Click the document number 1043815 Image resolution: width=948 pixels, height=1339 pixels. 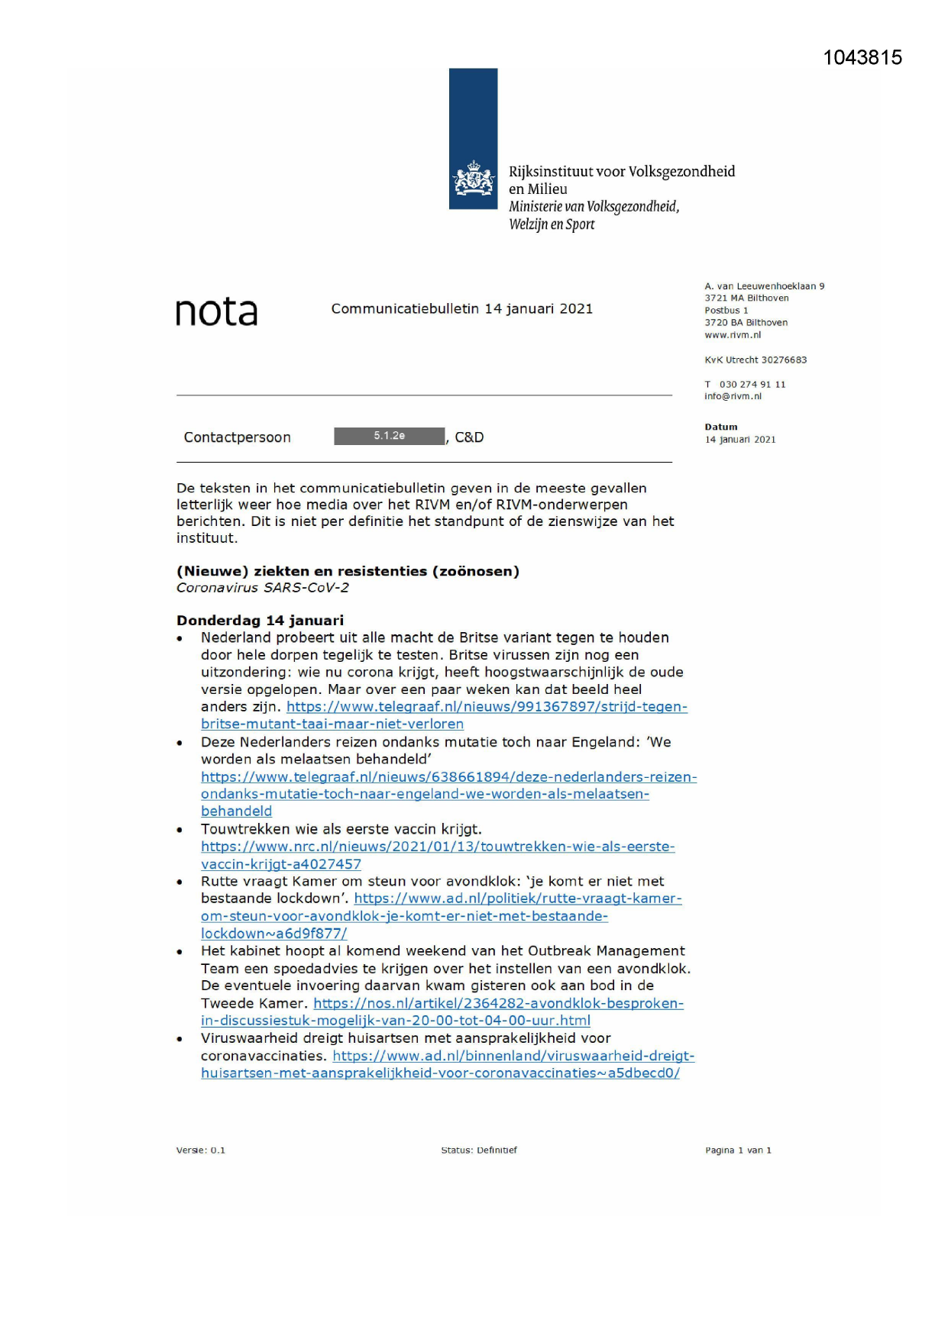862,58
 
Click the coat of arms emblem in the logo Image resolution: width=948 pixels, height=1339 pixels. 474,179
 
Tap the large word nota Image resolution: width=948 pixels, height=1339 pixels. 216,311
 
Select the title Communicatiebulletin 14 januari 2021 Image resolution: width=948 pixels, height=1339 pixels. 461,308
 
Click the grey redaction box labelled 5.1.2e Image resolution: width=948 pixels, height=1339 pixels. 389,436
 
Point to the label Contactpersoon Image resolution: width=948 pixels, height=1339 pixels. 237,437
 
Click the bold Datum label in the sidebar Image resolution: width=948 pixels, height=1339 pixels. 720,427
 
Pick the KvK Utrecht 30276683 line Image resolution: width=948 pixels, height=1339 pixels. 755,360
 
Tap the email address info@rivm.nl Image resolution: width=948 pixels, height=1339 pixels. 733,396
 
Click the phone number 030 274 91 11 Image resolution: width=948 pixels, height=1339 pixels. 752,384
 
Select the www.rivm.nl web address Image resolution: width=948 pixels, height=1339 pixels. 732,334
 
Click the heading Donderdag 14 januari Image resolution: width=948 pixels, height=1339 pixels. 260,620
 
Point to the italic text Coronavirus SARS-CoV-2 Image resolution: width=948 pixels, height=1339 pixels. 262,587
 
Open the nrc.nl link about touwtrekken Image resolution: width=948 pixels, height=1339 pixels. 437,847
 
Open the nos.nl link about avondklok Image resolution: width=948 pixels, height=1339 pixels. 498,1003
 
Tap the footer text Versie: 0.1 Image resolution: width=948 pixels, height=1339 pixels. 200,1150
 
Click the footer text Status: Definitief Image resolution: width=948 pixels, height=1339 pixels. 478,1150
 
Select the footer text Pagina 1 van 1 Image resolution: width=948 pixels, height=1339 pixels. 737,1150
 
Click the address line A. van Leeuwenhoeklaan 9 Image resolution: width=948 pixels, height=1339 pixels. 764,286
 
